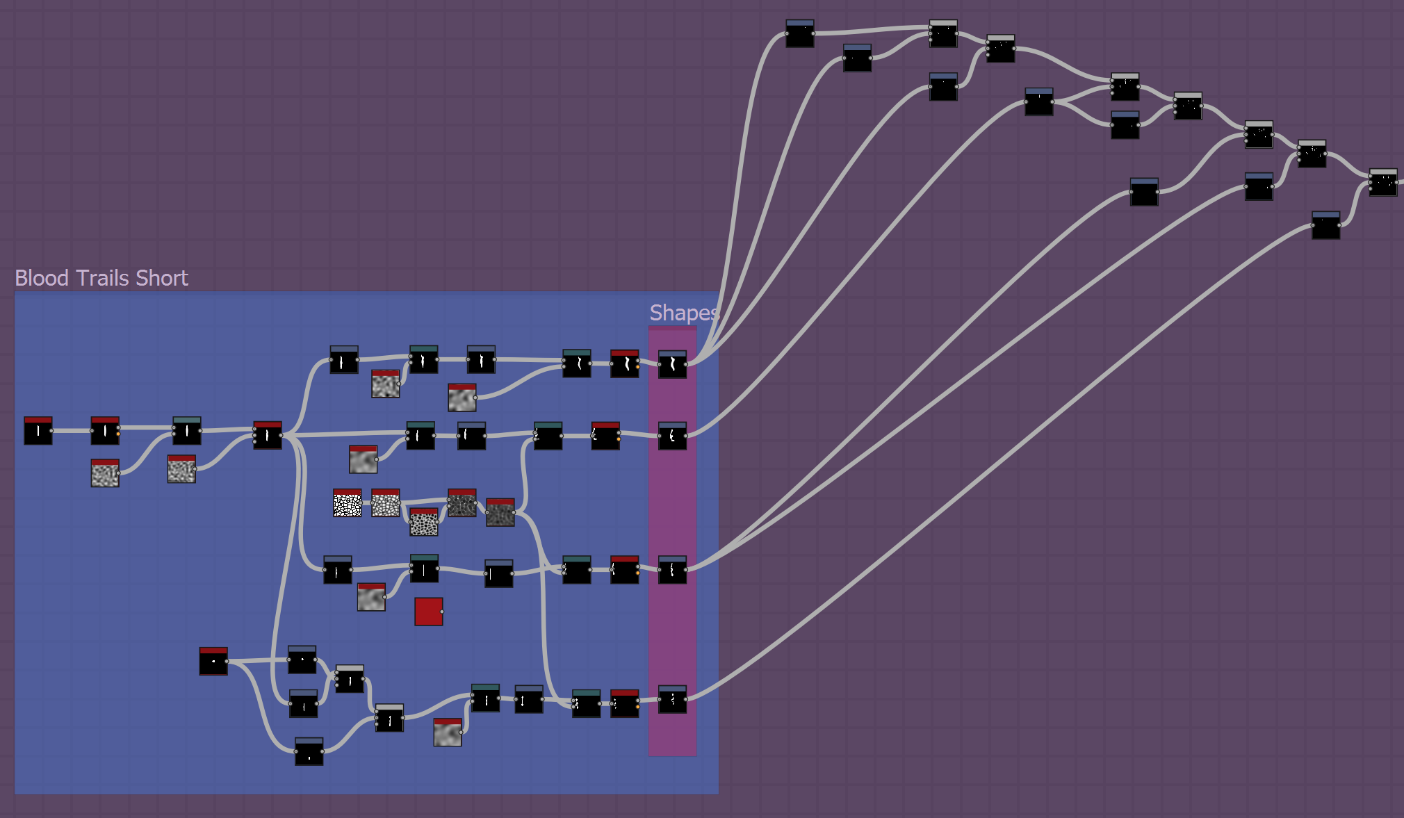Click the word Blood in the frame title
[42, 278]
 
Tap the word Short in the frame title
[162, 278]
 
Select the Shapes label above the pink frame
[683, 313]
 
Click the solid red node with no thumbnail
[428, 612]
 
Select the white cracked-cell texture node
[347, 503]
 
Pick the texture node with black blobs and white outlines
[424, 522]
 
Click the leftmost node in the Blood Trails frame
[38, 431]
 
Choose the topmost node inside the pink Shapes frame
[672, 364]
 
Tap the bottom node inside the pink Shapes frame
[672, 700]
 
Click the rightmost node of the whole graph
[1382, 183]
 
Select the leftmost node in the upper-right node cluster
[799, 34]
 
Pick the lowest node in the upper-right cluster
[1325, 226]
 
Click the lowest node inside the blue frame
[309, 752]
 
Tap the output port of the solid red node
[442, 612]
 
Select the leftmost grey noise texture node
[105, 473]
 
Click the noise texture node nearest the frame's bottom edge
[448, 733]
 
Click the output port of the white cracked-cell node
[361, 503]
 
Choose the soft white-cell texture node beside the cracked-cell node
[385, 503]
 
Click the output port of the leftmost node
[52, 431]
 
